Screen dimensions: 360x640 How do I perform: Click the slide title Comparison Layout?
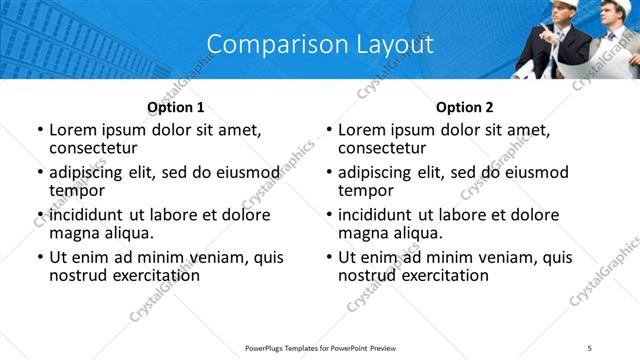click(x=320, y=44)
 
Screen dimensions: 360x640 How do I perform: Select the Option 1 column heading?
click(x=176, y=107)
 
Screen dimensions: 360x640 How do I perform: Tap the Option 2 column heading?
click(x=465, y=107)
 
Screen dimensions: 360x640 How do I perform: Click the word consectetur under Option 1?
click(x=98, y=148)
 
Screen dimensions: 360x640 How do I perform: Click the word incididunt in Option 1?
click(x=87, y=215)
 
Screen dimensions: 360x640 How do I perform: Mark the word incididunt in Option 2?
click(x=376, y=215)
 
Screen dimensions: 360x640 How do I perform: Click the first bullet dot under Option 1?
click(x=39, y=131)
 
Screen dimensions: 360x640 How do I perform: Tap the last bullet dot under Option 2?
click(x=328, y=258)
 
